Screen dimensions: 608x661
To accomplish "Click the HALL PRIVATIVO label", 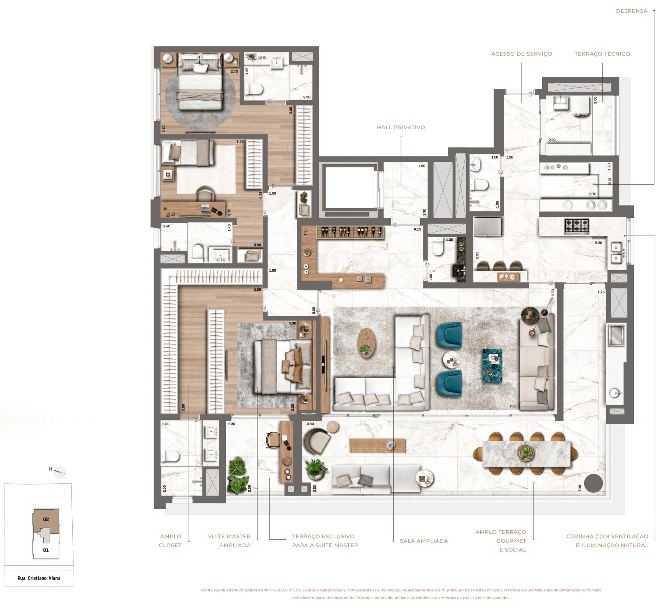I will [x=401, y=127].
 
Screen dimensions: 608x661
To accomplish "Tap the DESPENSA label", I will [x=631, y=11].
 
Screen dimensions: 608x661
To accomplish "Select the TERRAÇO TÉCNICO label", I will [x=602, y=54].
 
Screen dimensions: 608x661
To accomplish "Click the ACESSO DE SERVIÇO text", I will [x=521, y=54].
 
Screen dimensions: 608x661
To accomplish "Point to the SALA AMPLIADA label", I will [x=423, y=541].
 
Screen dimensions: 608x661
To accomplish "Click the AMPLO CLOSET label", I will [x=170, y=541].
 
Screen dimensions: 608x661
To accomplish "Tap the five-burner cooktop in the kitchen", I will [x=576, y=227].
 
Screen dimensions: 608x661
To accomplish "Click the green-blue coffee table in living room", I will [x=492, y=365].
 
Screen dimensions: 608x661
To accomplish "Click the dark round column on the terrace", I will [x=594, y=483].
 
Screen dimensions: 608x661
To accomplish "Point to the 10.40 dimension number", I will [x=309, y=424].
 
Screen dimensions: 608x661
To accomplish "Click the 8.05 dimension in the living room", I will [x=513, y=406].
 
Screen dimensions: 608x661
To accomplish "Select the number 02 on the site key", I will [x=46, y=519].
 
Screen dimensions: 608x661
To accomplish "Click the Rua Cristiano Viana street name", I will [x=39, y=578].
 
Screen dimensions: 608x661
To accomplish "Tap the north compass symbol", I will [x=59, y=471].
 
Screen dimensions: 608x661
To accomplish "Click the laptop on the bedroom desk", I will [x=205, y=208].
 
